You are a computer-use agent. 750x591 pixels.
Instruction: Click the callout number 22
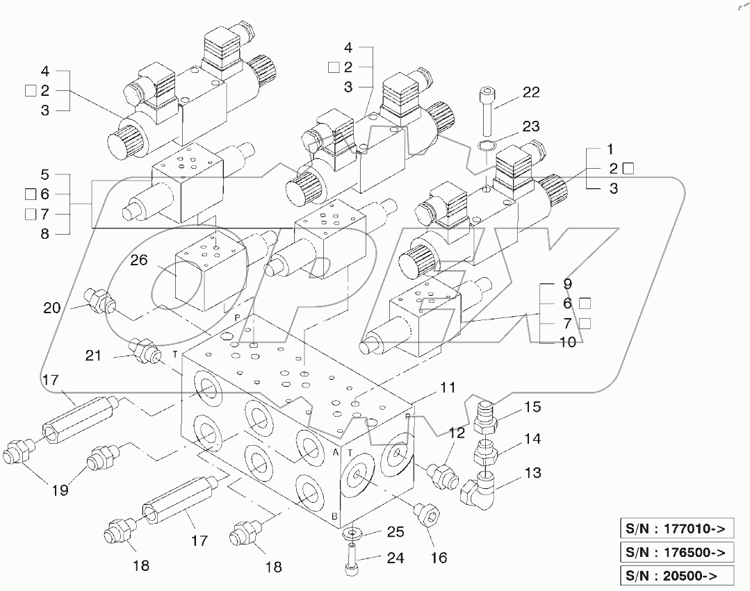[531, 92]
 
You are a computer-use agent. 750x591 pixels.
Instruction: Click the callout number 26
[139, 260]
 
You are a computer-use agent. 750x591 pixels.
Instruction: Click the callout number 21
[94, 355]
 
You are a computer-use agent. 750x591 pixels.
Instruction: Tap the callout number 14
[532, 439]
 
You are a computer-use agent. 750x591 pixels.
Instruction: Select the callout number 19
[60, 490]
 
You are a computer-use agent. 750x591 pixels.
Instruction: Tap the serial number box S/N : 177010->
[675, 528]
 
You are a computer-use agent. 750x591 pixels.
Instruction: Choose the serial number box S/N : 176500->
[675, 552]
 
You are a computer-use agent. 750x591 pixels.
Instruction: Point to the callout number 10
[567, 342]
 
